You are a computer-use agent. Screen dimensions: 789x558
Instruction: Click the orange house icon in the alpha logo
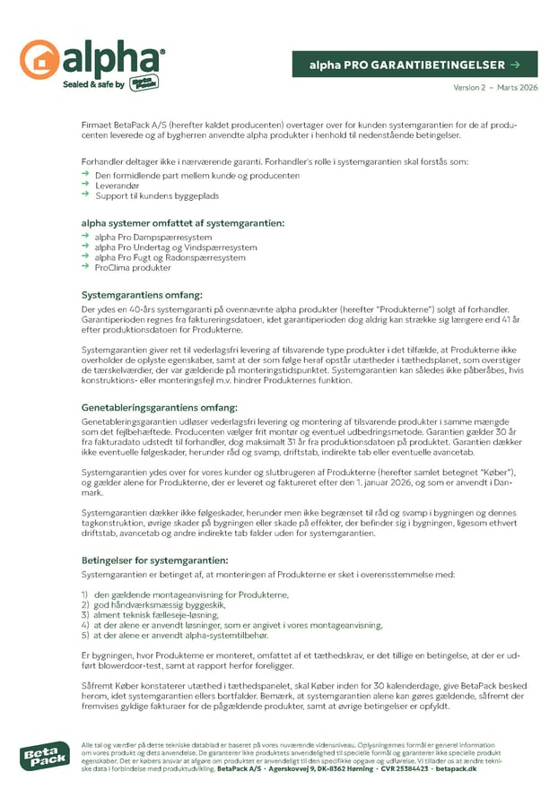coord(39,60)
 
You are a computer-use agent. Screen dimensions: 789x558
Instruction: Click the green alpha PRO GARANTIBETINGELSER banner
coord(414,65)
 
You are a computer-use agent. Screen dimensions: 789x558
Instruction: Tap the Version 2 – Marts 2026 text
coord(497,87)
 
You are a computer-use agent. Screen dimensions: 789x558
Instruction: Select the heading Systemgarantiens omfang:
coord(142,294)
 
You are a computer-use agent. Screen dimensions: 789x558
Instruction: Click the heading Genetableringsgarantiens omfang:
coord(160,407)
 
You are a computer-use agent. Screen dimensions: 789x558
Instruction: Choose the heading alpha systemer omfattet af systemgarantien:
coord(183,222)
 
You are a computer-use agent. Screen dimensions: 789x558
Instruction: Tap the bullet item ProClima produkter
coord(133,267)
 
